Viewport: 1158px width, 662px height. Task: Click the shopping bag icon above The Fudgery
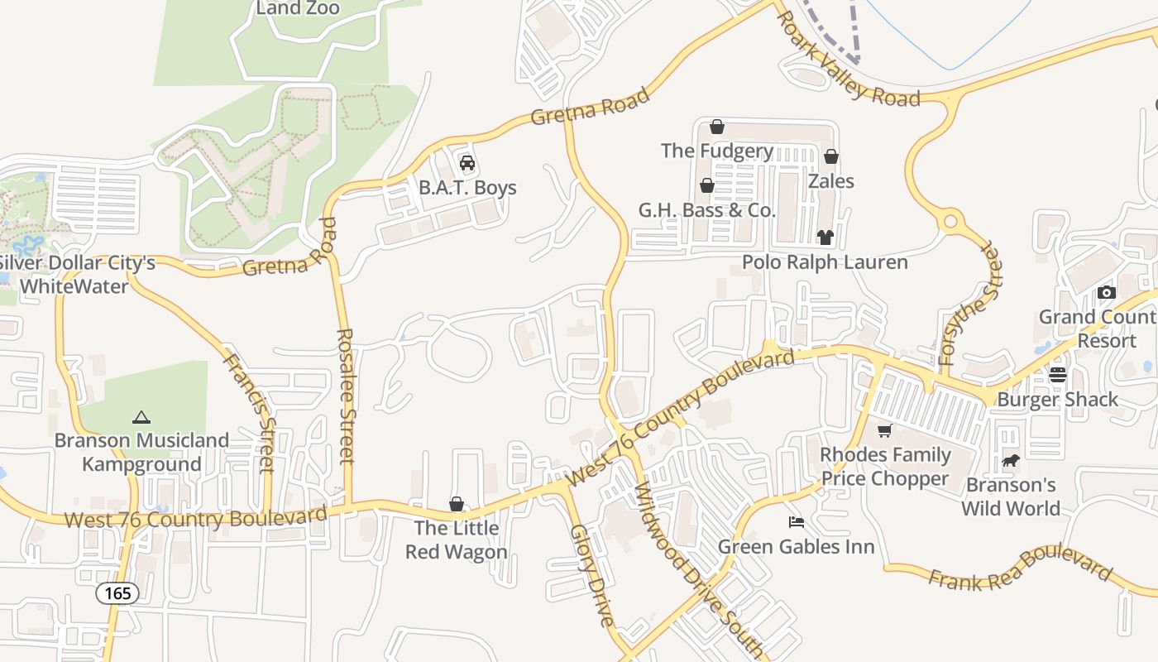pyautogui.click(x=717, y=127)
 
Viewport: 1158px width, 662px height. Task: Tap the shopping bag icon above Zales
pyautogui.click(x=831, y=156)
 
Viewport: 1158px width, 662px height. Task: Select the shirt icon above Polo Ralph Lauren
pyautogui.click(x=825, y=237)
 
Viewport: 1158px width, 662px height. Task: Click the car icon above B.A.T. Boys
pyautogui.click(x=467, y=162)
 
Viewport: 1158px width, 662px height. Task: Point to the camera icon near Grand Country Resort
pyautogui.click(x=1107, y=292)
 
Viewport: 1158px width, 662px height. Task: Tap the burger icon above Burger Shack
pyautogui.click(x=1058, y=375)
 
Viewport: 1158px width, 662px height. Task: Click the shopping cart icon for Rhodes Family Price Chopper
pyautogui.click(x=885, y=430)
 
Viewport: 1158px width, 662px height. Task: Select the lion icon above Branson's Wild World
pyautogui.click(x=1010, y=460)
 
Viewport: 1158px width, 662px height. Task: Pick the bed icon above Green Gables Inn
pyautogui.click(x=796, y=522)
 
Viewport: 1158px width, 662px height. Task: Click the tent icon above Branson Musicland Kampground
pyautogui.click(x=141, y=417)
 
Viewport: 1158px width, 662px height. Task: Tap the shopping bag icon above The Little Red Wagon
pyautogui.click(x=456, y=504)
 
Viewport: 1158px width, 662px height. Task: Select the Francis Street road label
pyautogui.click(x=249, y=412)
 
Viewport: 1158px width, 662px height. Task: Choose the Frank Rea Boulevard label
pyautogui.click(x=1020, y=570)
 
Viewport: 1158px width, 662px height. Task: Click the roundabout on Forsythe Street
pyautogui.click(x=950, y=222)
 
